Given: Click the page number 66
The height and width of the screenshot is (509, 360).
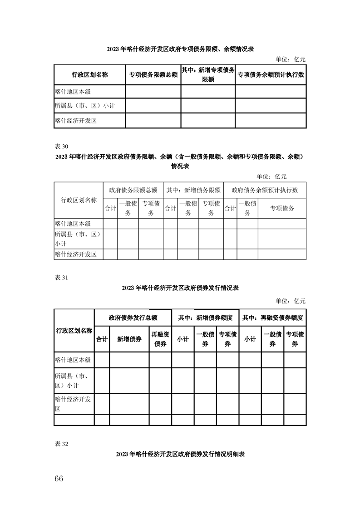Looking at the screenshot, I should [x=59, y=479].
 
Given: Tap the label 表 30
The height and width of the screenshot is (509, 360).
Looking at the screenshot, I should [x=61, y=146].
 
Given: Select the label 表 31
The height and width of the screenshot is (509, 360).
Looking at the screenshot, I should [x=61, y=278].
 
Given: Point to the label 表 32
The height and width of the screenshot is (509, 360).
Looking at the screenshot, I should [x=61, y=444].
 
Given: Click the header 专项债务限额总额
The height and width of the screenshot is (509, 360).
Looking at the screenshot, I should [x=153, y=75].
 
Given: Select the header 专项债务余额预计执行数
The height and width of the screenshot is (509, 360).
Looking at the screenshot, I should [x=270, y=75].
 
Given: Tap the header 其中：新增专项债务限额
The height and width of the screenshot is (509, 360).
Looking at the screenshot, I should [x=208, y=74].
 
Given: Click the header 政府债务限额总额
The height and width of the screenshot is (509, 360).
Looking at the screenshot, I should [x=133, y=190].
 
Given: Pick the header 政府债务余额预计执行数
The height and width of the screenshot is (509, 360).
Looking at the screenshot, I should [x=265, y=190].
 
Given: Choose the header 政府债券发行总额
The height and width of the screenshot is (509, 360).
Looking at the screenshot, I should [x=133, y=318].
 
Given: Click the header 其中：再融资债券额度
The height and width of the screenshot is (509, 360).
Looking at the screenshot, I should [x=272, y=318].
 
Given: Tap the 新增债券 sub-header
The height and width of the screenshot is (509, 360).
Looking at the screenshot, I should [x=129, y=339].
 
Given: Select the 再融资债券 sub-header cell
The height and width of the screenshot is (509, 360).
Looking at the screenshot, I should [x=160, y=339].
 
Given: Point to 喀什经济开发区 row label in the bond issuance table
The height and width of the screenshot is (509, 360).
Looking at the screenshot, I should [x=74, y=404].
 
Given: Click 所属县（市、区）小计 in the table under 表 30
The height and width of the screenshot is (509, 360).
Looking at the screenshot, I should [x=77, y=239].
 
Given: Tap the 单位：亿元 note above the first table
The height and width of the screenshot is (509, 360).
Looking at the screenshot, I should [x=291, y=59].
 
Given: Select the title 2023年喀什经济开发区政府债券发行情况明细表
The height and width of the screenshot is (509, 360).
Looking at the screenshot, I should [x=180, y=454].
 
